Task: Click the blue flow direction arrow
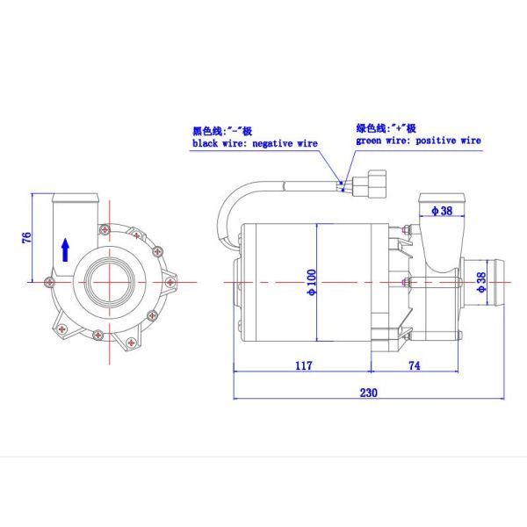point(65,249)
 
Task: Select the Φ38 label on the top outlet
point(441,211)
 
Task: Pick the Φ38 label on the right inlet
point(481,281)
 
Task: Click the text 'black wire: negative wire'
point(255,142)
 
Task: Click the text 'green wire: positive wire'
point(418,140)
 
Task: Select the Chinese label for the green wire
point(387,126)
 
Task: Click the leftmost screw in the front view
point(46,281)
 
